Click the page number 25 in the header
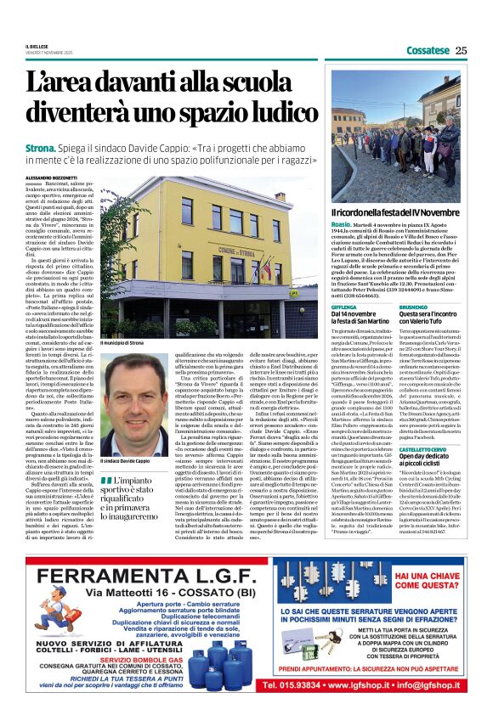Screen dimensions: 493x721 (461, 50)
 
